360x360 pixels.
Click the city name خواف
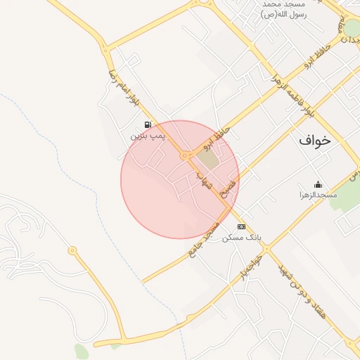(314, 140)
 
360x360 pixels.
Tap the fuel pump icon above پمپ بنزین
(147, 124)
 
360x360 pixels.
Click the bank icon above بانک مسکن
(241, 226)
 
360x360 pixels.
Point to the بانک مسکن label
(241, 238)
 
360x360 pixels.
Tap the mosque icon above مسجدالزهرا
(318, 184)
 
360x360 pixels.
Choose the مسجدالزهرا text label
(318, 195)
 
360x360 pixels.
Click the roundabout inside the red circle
(184, 155)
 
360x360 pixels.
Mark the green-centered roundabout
(351, 27)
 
